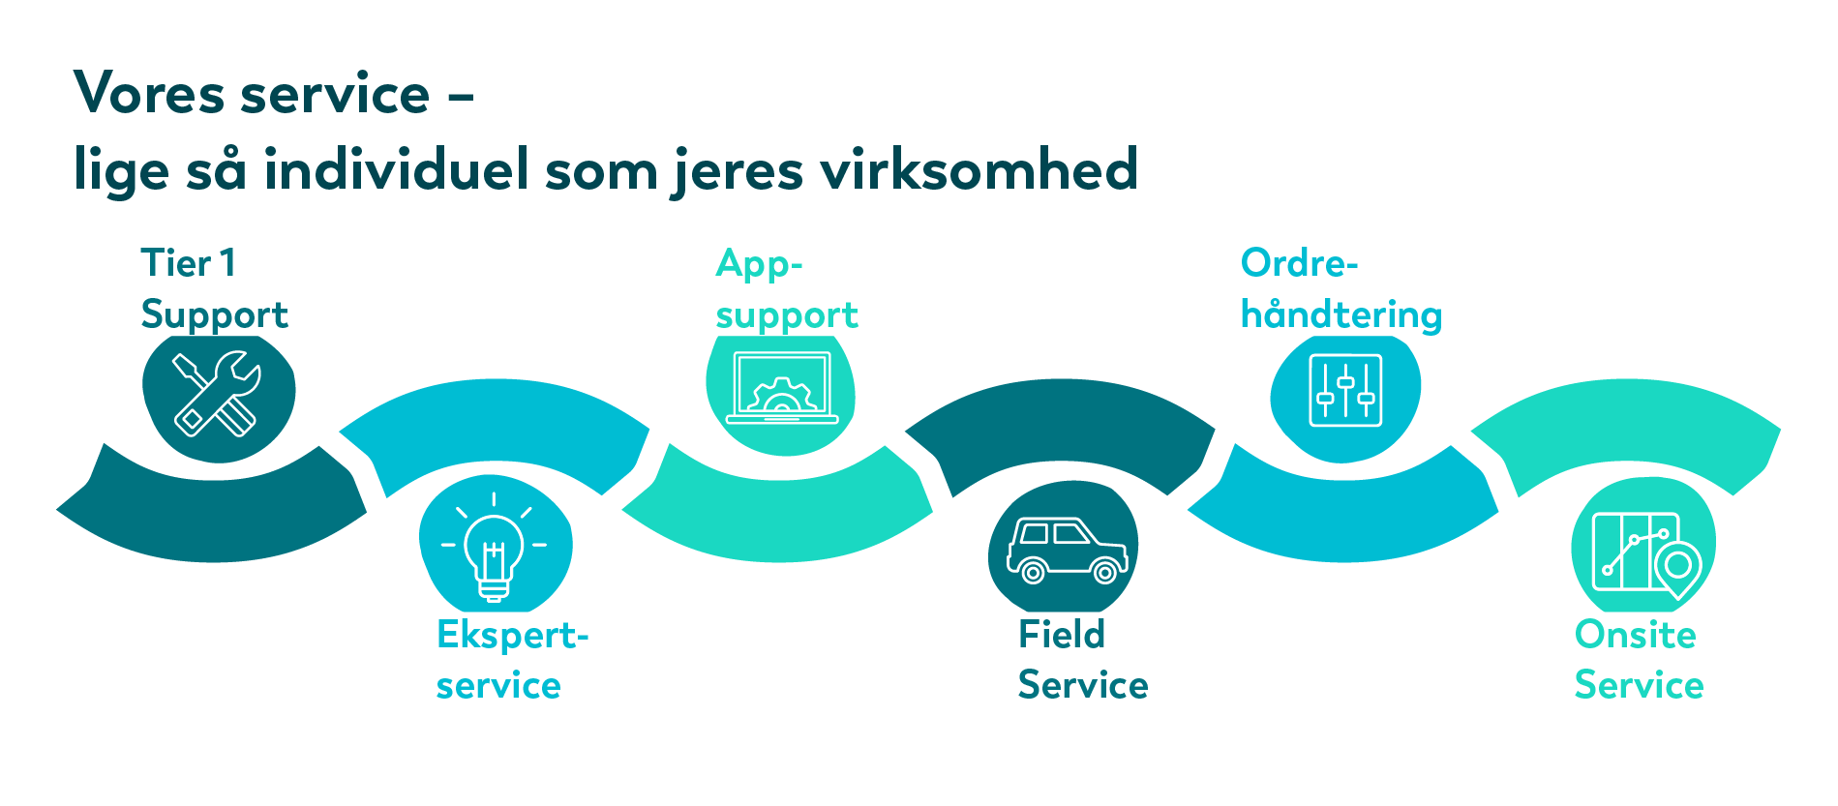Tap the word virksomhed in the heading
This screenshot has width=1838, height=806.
tap(979, 169)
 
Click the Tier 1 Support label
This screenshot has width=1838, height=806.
tap(214, 289)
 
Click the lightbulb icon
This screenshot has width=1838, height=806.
tap(494, 547)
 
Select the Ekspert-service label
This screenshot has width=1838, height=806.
tap(512, 660)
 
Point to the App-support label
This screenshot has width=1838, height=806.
tap(786, 289)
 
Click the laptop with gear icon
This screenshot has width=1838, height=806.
tap(782, 389)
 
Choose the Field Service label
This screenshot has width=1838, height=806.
tap(1083, 660)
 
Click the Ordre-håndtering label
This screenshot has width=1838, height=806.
tap(1341, 289)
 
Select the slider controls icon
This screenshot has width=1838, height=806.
tap(1345, 391)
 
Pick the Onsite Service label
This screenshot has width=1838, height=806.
tap(1639, 660)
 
